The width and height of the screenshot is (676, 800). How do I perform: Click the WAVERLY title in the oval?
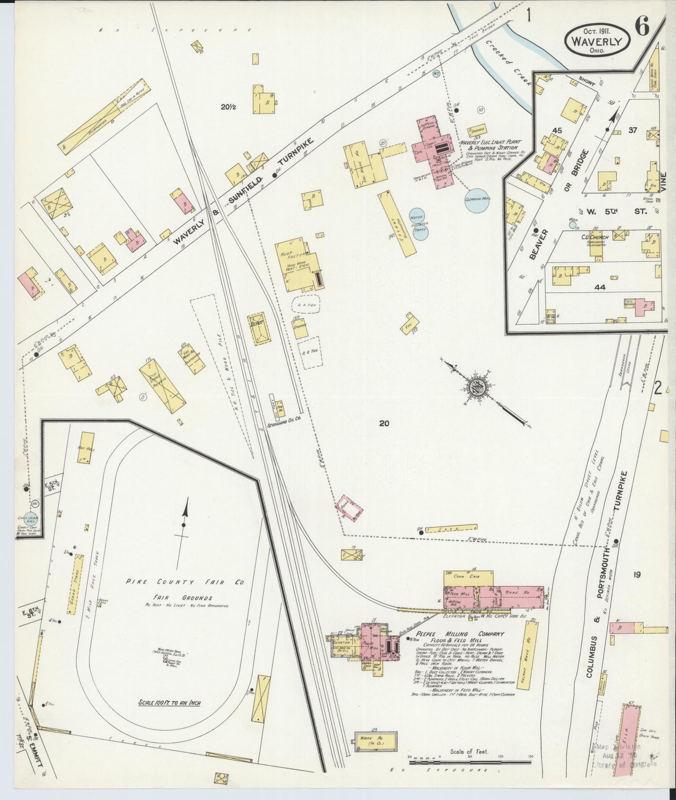pos(598,41)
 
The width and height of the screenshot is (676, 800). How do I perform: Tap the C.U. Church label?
pos(595,238)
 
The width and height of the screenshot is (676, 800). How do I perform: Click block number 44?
pos(599,287)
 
